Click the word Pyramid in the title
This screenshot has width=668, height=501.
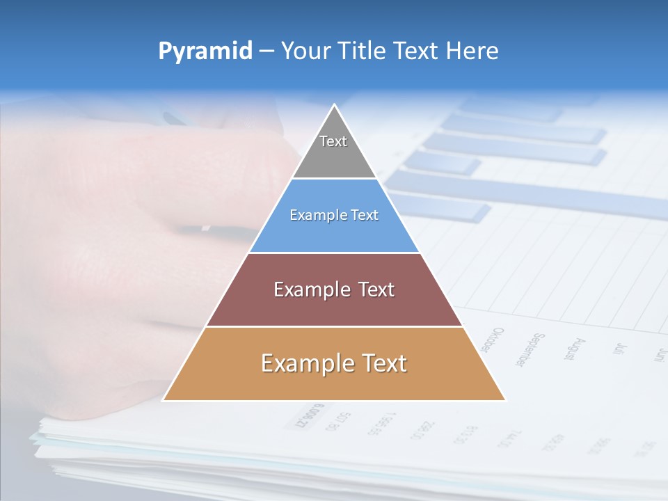(205, 51)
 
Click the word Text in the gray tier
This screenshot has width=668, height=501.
(333, 141)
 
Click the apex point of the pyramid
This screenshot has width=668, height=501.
(334, 105)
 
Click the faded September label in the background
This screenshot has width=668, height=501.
(530, 349)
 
